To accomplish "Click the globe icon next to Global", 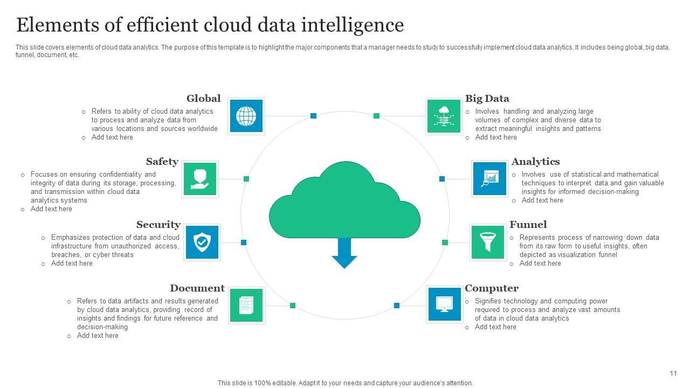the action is (x=246, y=116).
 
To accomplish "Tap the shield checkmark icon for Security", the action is (x=202, y=242).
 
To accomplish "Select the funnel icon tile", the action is (x=488, y=242).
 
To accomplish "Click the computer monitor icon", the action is (x=444, y=304).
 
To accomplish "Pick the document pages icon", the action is (x=246, y=306).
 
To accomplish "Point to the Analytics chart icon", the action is (x=490, y=178).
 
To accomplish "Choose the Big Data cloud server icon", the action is (x=444, y=116).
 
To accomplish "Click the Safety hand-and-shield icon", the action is (x=200, y=179).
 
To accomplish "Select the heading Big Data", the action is (x=487, y=99).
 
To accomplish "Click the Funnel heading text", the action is (x=528, y=225).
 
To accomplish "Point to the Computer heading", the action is (x=491, y=288).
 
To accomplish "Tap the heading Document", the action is (x=197, y=288).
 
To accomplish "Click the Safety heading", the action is (x=162, y=162).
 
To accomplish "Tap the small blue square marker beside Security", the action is (x=244, y=242).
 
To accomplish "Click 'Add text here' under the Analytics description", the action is (x=542, y=200).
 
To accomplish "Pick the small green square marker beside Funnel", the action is (x=445, y=242).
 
